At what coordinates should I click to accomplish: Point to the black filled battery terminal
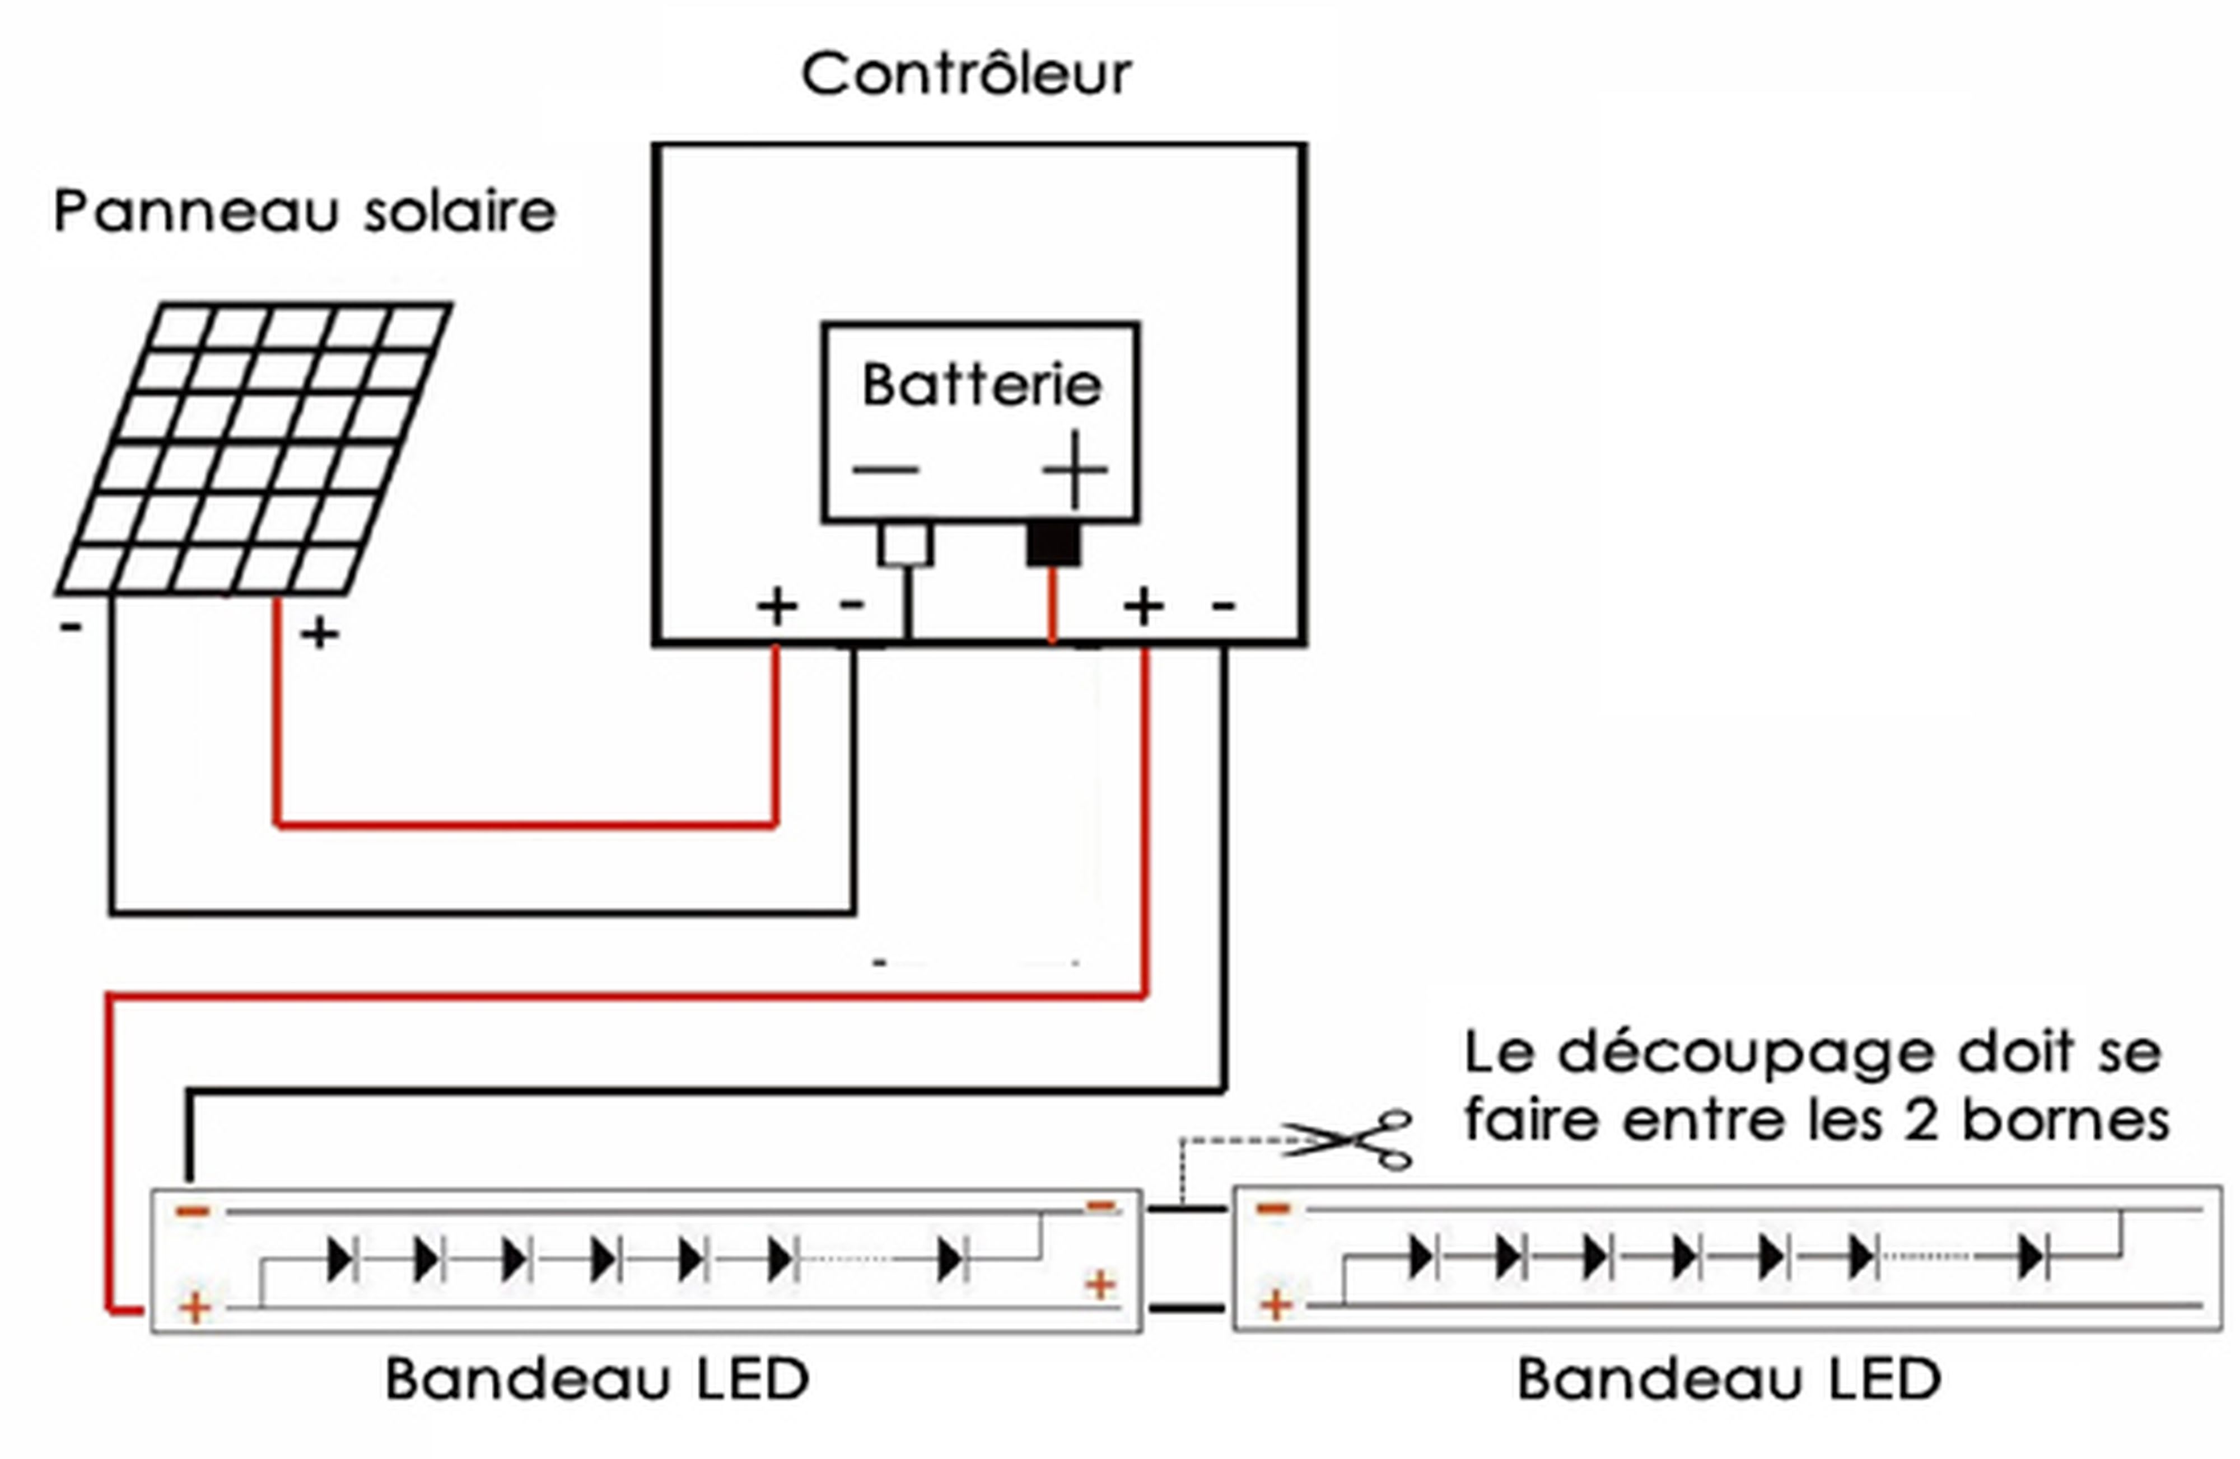pyautogui.click(x=1052, y=544)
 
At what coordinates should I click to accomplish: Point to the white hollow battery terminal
pyautogui.click(x=906, y=544)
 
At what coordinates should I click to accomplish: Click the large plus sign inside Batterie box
pyautogui.click(x=1075, y=469)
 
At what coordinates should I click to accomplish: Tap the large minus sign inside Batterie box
pyautogui.click(x=886, y=469)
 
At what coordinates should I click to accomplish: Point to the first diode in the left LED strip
pyautogui.click(x=340, y=1259)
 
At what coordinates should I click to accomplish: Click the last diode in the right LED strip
pyautogui.click(x=2030, y=1257)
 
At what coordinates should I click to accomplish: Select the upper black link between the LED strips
pyautogui.click(x=1187, y=1209)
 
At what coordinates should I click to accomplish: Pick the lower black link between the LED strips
pyautogui.click(x=1187, y=1307)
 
